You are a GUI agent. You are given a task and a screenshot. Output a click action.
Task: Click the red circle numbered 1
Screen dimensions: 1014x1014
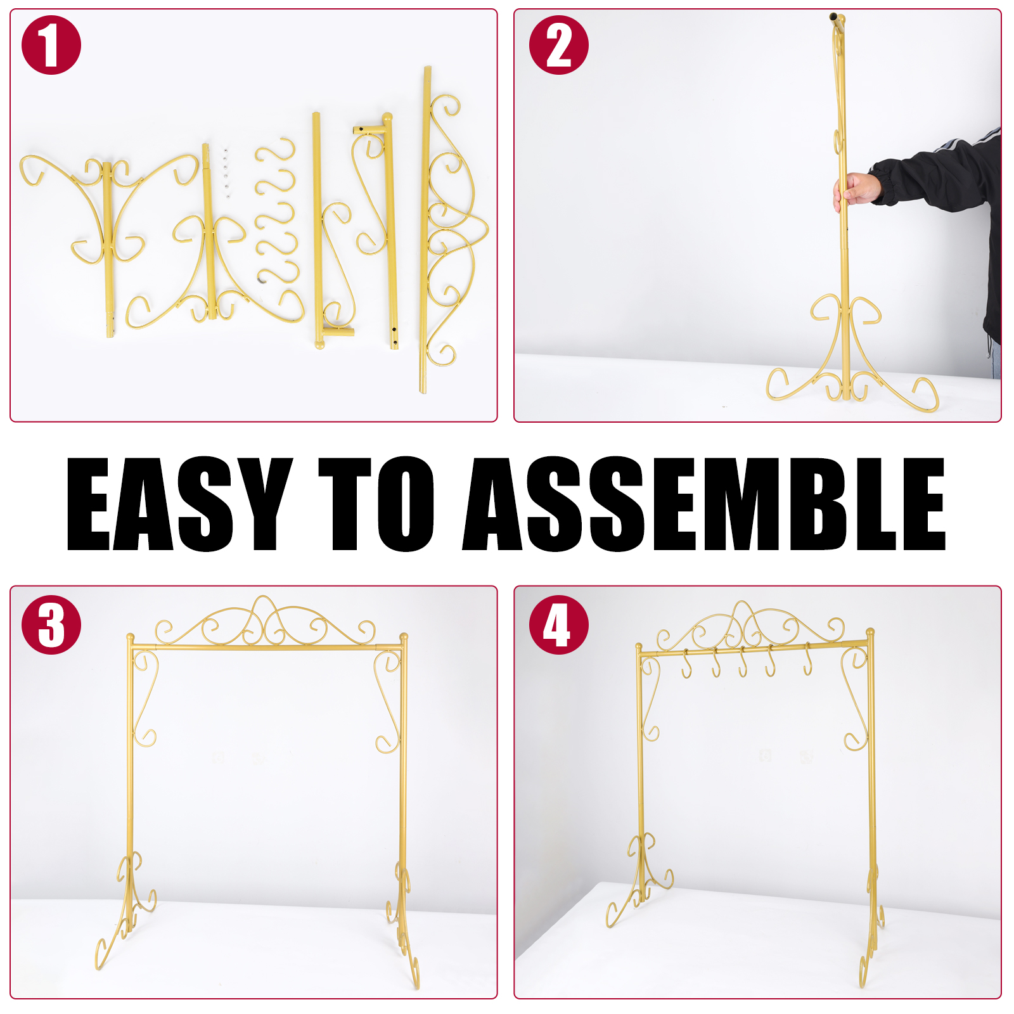[x=51, y=45]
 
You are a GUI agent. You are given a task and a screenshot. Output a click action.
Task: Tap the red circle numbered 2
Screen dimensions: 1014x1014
[x=558, y=45]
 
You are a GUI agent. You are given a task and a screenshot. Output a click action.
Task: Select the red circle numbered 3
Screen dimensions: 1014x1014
[x=51, y=625]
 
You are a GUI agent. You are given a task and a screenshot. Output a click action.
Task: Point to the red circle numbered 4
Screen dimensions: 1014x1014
[x=558, y=625]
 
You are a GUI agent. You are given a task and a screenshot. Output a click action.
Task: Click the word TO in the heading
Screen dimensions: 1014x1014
[x=376, y=504]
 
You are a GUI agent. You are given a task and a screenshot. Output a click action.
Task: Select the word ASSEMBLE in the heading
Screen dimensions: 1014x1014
[x=704, y=504]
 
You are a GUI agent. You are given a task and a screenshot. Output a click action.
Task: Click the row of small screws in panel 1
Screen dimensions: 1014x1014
[x=226, y=173]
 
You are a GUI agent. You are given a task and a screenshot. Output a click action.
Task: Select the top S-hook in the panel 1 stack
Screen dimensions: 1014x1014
[x=276, y=150]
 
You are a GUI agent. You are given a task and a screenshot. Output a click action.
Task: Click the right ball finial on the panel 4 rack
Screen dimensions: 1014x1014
[x=870, y=632]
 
